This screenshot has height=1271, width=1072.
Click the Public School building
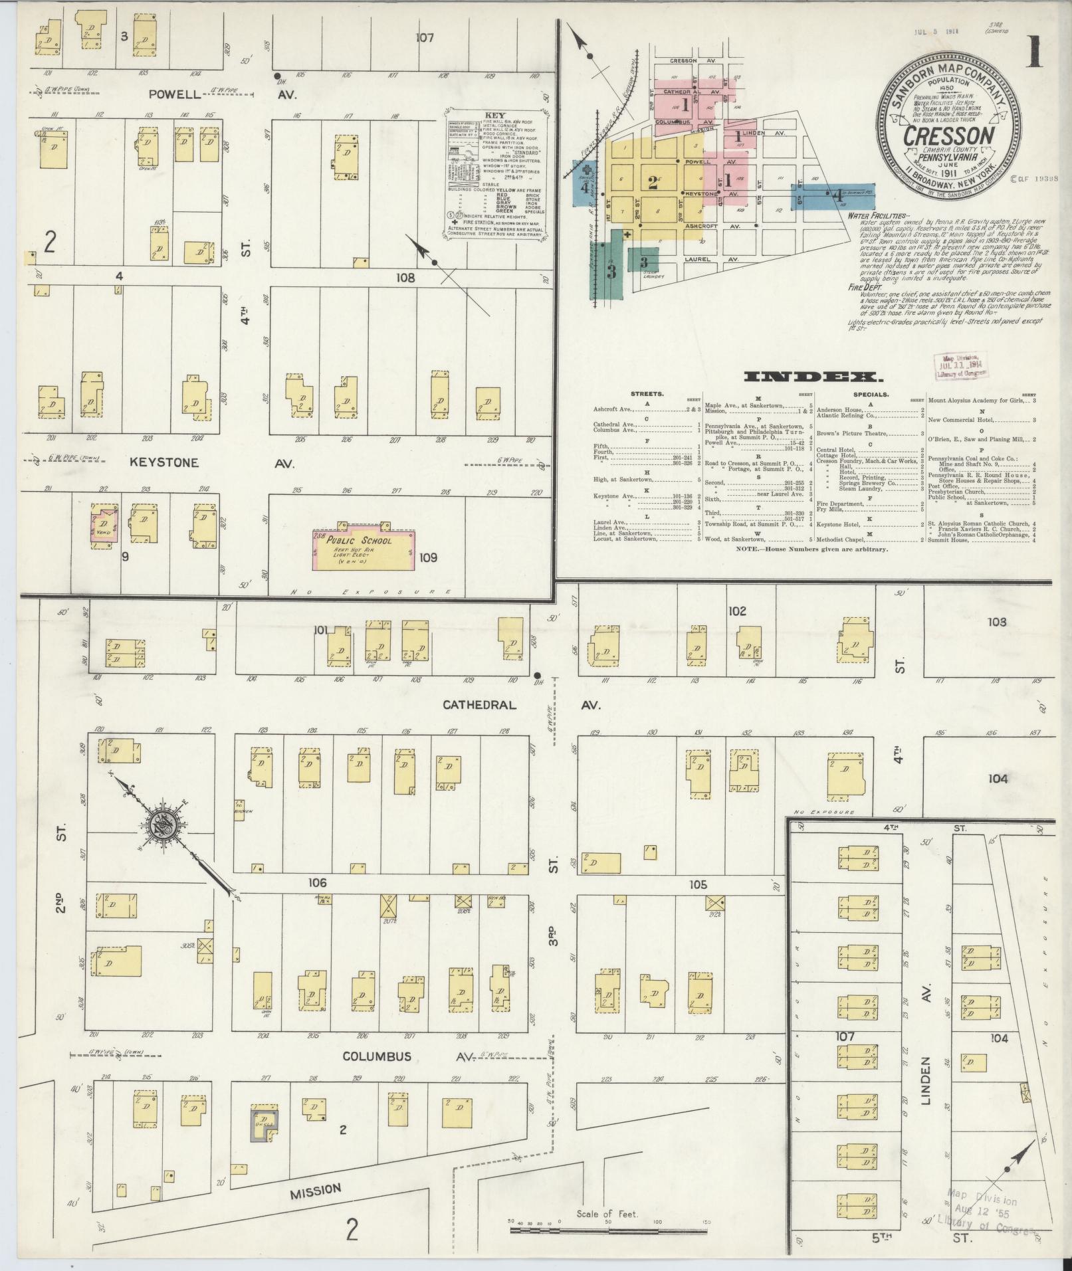tap(364, 549)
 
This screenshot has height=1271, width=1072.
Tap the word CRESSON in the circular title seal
tap(948, 136)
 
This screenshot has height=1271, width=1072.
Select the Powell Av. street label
tap(174, 94)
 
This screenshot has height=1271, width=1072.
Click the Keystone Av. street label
tap(164, 462)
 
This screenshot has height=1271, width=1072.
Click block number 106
tap(318, 883)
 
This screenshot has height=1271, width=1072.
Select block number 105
tap(698, 884)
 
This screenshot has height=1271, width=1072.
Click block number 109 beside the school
tap(429, 557)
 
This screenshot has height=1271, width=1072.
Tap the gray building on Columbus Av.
tap(265, 1124)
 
